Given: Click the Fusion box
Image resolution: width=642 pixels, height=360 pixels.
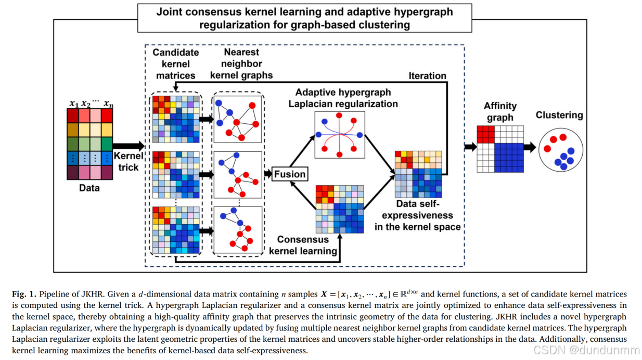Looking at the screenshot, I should [290, 174].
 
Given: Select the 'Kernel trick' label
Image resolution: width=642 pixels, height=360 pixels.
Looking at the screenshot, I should [128, 161].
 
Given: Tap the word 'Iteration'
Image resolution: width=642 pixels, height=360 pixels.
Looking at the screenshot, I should [427, 75].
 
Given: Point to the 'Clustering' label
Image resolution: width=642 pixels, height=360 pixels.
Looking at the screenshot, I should [559, 115].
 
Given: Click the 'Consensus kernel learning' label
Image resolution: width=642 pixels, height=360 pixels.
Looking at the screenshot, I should [303, 246].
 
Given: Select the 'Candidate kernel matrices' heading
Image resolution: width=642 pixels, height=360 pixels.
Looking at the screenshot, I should [175, 64].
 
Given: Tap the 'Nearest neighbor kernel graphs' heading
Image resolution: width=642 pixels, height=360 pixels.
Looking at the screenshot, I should [241, 64].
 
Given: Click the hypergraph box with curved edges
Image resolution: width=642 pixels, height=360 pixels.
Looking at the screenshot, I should [339, 135].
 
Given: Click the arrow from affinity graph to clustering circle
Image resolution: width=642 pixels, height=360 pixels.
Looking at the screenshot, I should [530, 147].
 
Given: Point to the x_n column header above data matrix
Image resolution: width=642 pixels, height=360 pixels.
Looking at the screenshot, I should [108, 104].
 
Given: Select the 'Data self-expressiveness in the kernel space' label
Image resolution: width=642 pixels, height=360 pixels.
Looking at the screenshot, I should [418, 215].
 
